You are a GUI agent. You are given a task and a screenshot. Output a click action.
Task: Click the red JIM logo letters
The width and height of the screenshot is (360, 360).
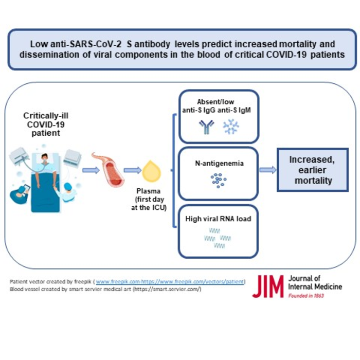267,286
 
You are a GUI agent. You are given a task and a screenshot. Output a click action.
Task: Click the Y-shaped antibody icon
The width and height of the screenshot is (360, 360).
206,127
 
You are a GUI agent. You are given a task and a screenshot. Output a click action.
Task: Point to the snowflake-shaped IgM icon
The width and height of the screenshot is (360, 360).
230,127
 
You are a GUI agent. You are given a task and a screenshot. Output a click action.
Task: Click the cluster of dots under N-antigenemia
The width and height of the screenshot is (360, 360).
218,180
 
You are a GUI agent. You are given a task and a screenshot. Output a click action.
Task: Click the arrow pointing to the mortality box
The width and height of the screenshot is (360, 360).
267,170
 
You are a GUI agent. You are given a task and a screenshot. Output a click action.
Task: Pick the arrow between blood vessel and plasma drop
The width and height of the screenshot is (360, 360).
132,170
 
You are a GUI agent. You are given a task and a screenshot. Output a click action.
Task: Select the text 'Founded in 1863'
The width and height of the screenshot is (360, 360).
307,296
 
